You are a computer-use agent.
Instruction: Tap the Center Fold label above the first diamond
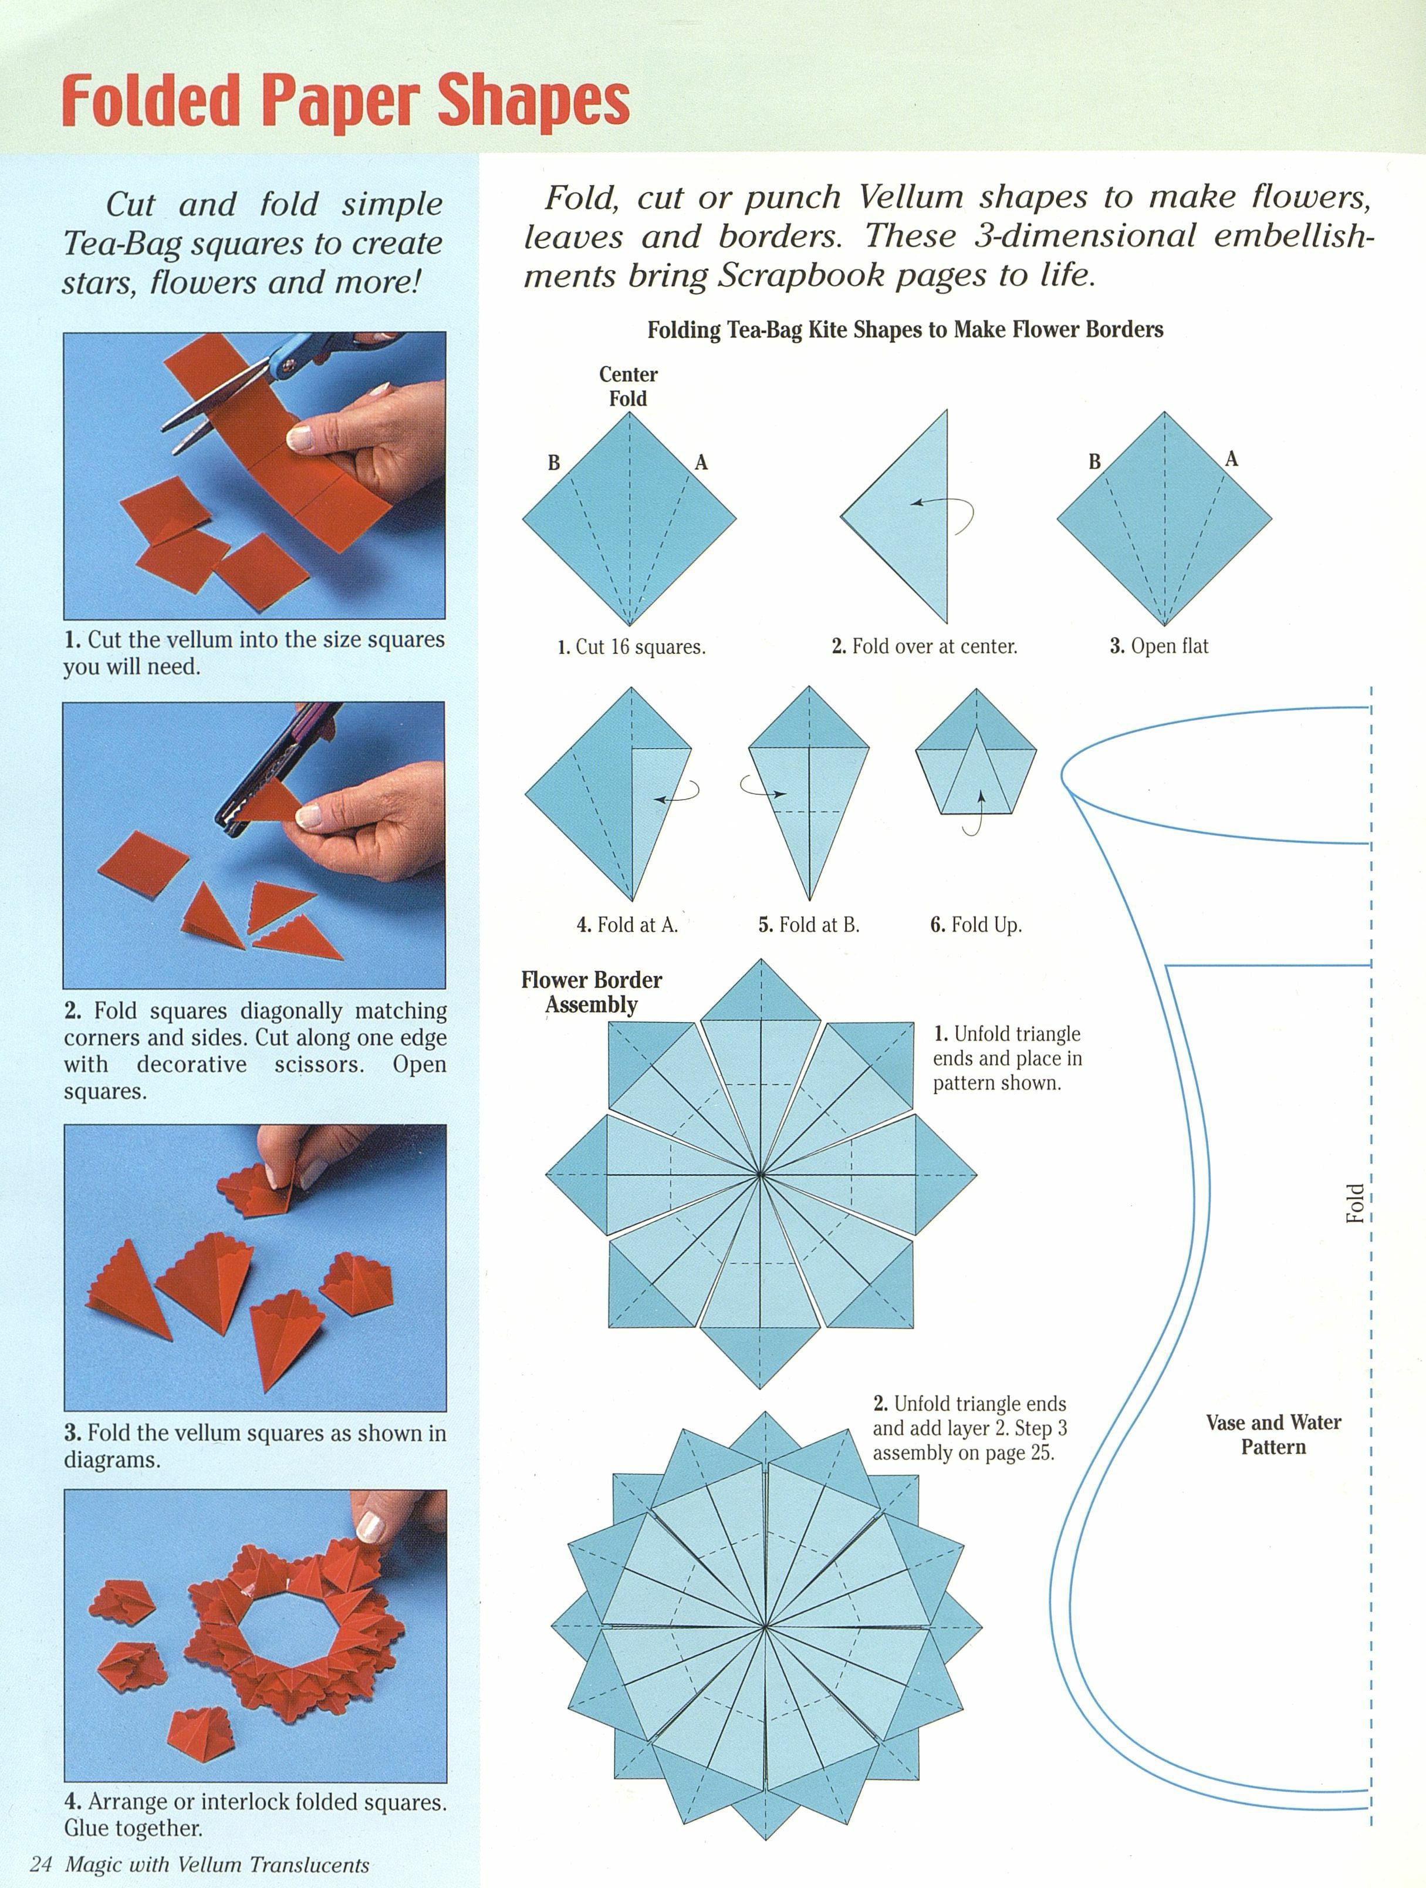[x=628, y=387]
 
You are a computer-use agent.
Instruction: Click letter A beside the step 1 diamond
[x=701, y=463]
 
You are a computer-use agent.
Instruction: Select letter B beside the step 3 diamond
[x=1094, y=463]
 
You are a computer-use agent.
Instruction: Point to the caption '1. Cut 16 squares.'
[x=631, y=647]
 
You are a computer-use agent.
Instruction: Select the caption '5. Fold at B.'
[x=808, y=925]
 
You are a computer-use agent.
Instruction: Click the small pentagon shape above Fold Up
[x=975, y=760]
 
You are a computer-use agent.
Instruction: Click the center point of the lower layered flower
[x=765, y=1628]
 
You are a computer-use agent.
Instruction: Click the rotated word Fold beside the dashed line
[x=1354, y=1203]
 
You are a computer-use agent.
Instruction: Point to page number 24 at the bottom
[x=41, y=1864]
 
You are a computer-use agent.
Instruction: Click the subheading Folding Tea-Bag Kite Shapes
[x=904, y=329]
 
